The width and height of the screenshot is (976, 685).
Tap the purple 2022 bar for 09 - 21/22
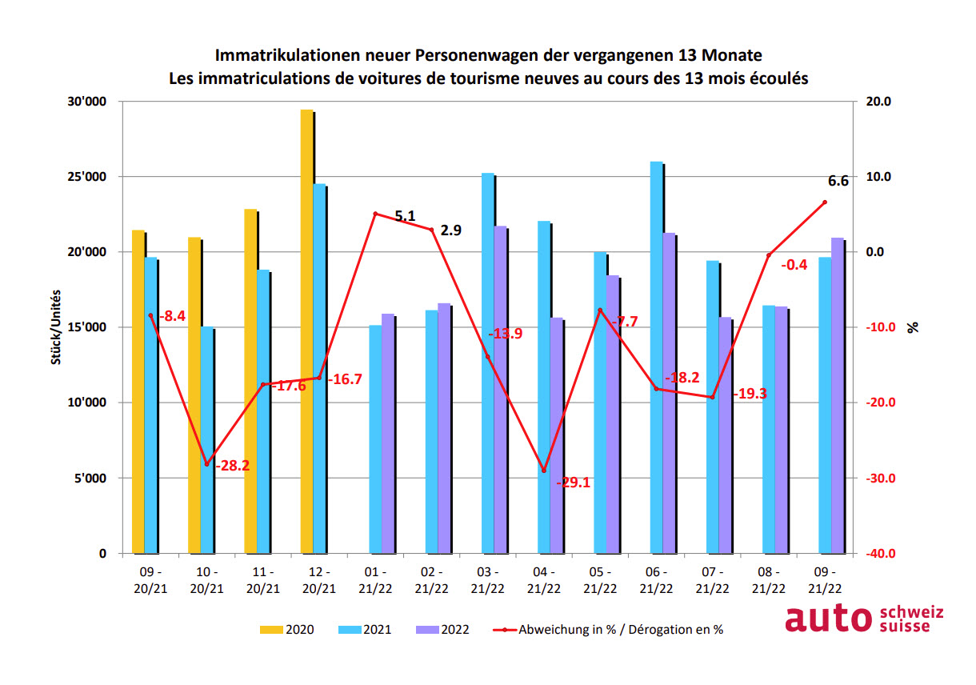tap(837, 395)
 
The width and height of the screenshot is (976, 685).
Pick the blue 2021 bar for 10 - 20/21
tap(206, 440)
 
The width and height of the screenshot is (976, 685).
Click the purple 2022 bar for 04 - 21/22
tap(556, 435)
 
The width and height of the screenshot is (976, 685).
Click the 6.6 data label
tap(838, 182)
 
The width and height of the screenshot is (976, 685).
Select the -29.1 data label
tap(572, 482)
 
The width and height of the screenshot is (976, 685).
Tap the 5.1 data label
tap(405, 215)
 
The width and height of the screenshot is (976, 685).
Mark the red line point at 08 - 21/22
tap(768, 255)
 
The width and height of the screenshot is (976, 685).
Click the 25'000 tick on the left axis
tap(89, 177)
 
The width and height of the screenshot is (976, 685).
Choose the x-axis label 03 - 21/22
tap(487, 581)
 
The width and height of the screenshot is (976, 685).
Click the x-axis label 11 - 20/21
tap(262, 581)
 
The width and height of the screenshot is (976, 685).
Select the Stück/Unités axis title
tap(56, 327)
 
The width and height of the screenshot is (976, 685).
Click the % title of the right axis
tap(913, 327)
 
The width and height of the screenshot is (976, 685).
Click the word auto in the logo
tap(829, 619)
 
